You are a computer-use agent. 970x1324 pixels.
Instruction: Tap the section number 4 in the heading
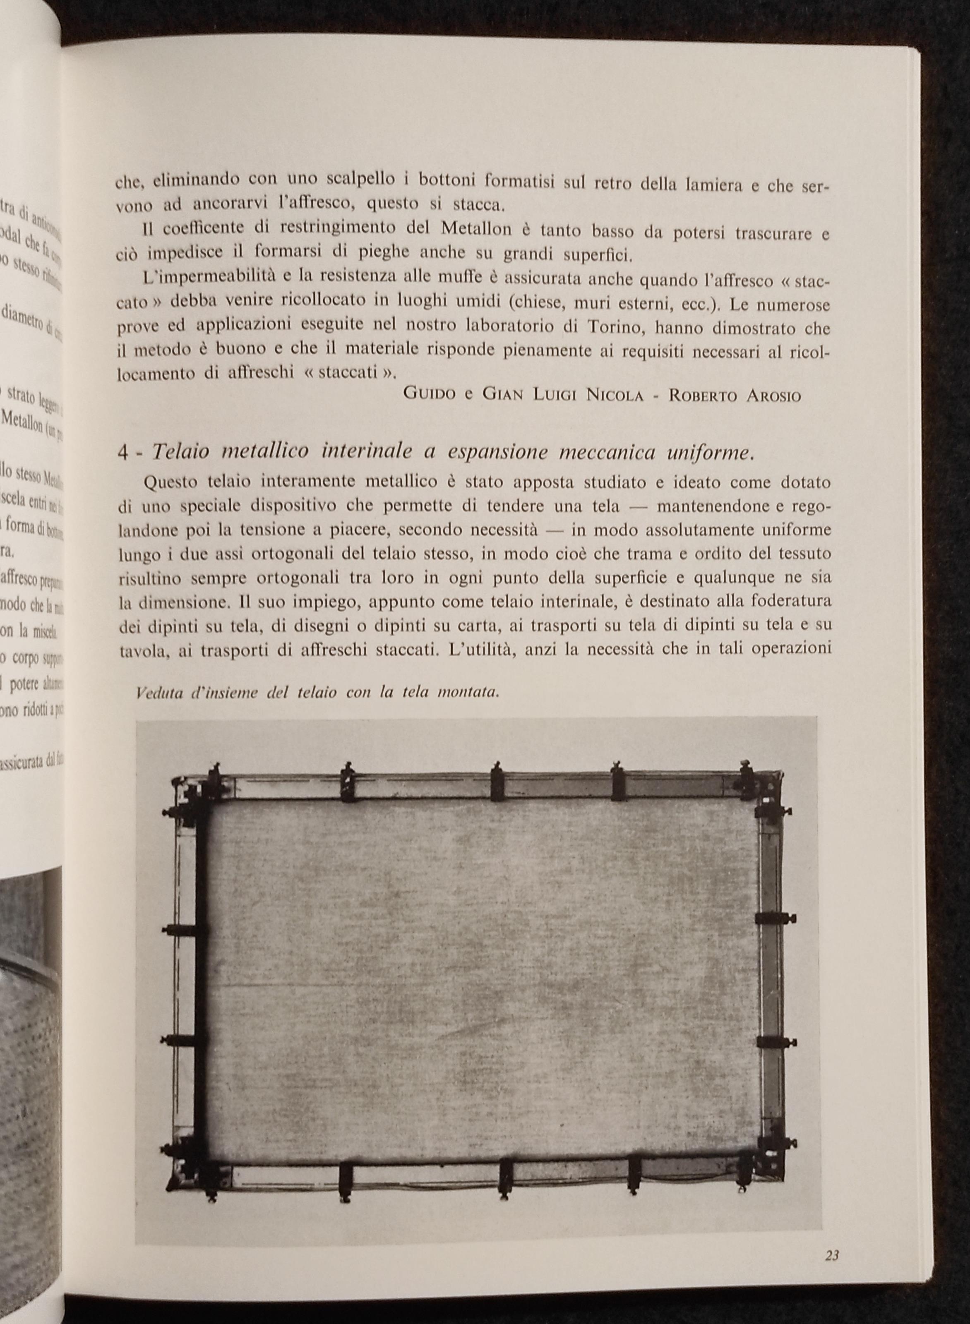(x=122, y=453)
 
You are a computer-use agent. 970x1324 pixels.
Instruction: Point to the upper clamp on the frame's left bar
(x=183, y=931)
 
